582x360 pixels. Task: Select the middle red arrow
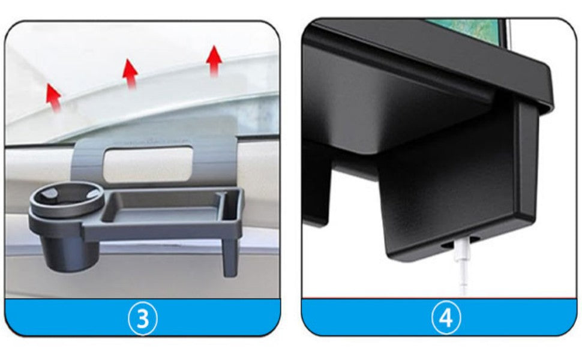(130, 73)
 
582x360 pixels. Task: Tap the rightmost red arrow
(214, 61)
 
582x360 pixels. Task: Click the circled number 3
(142, 317)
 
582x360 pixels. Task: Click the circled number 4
(445, 317)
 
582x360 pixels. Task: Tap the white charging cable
(462, 270)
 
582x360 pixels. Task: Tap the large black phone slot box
(450, 180)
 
